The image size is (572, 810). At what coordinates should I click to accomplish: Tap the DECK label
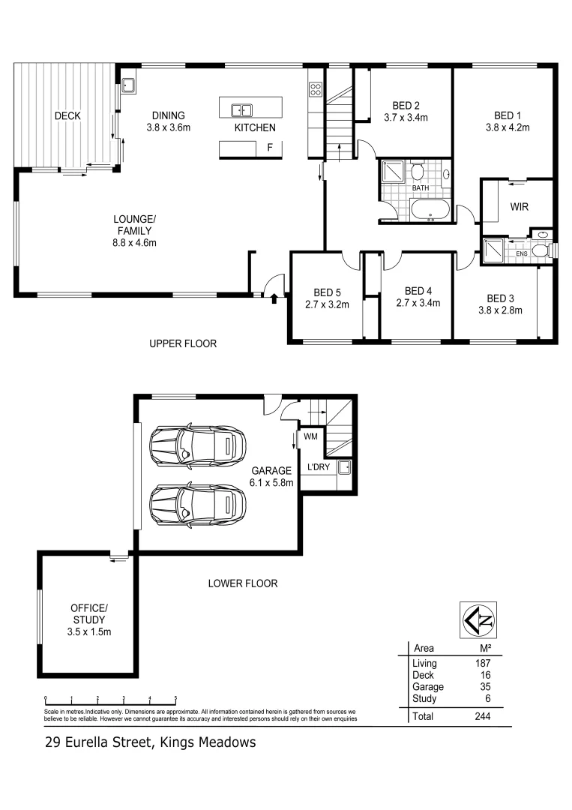point(67,116)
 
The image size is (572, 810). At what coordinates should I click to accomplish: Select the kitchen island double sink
point(241,110)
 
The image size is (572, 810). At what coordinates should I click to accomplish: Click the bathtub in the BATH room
point(430,211)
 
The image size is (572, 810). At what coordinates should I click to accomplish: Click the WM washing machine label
point(310,436)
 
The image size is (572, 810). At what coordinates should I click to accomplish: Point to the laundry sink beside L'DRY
point(345,468)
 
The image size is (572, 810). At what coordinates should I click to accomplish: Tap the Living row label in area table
point(424,663)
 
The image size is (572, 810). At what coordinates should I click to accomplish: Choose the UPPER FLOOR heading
point(183,344)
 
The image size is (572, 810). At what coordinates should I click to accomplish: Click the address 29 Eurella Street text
point(149,743)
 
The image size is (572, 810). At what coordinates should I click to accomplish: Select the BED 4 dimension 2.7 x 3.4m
point(418,304)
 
